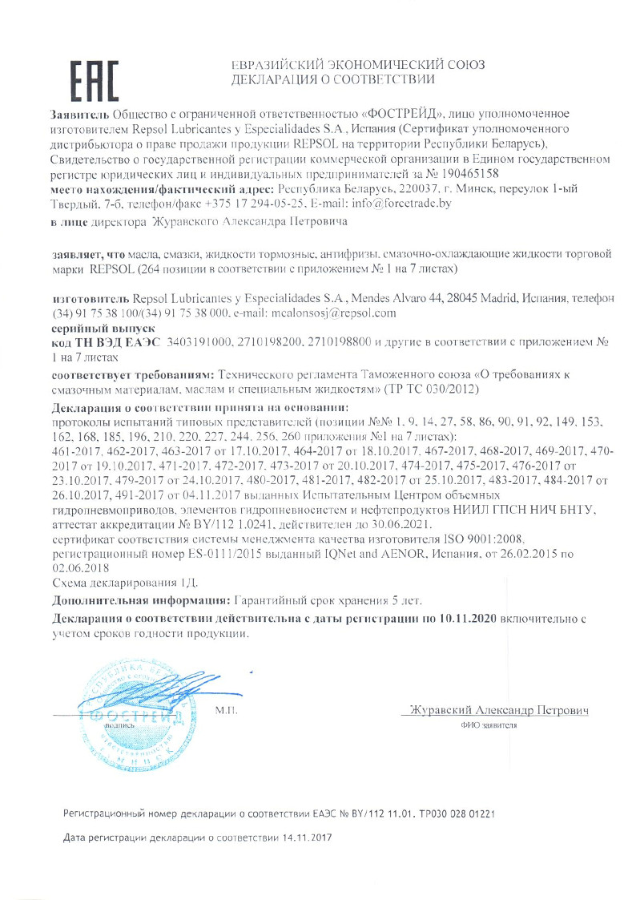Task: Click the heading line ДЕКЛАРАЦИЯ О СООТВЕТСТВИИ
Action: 332,79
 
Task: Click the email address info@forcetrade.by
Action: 408,204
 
